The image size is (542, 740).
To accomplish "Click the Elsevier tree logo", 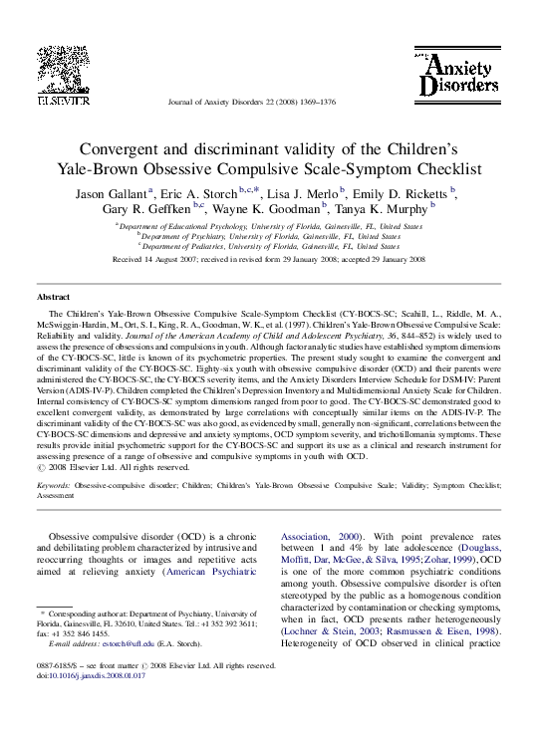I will click(64, 74).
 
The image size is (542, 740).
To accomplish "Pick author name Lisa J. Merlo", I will click(303, 191).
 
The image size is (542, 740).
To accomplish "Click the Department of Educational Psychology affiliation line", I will click(269, 226).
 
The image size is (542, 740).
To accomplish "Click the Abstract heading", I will click(53, 298).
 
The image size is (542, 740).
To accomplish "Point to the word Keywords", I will click(55, 484).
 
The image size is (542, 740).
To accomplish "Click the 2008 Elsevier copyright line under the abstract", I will click(112, 466).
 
